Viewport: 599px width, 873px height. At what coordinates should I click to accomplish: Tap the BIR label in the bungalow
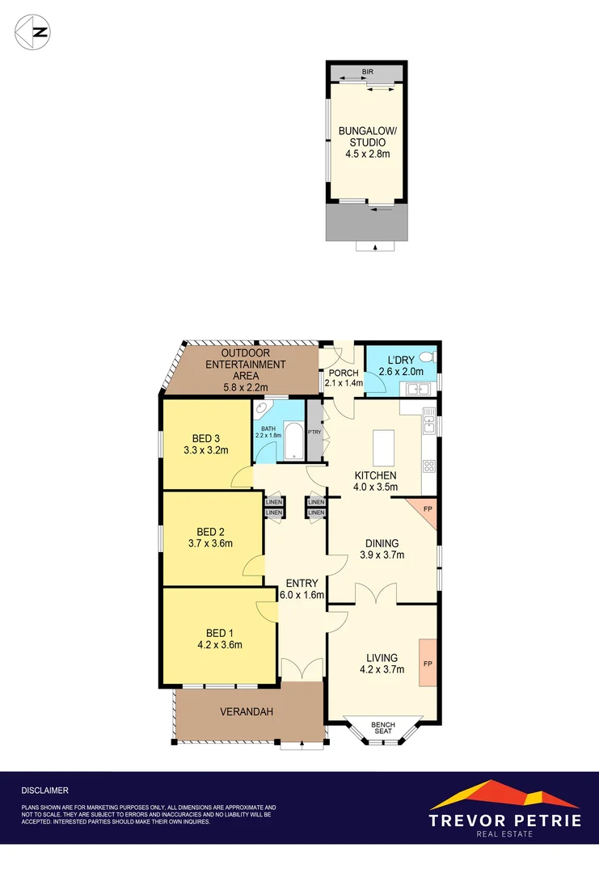(368, 72)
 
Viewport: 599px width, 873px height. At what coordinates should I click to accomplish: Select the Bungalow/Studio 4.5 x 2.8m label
(368, 141)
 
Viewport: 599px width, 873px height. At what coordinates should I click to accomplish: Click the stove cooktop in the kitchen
(428, 466)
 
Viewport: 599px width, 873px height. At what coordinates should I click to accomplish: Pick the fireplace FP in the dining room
(427, 508)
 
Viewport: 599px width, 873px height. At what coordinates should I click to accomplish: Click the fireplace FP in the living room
(428, 663)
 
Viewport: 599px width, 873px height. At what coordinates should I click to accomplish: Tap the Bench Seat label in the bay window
(382, 727)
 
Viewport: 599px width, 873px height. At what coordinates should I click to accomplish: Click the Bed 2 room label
(210, 532)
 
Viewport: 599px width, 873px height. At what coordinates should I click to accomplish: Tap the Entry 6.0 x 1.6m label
(302, 588)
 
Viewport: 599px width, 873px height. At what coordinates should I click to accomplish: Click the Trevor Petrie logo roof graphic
(504, 795)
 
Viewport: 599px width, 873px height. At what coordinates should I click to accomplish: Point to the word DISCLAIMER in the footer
(45, 790)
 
